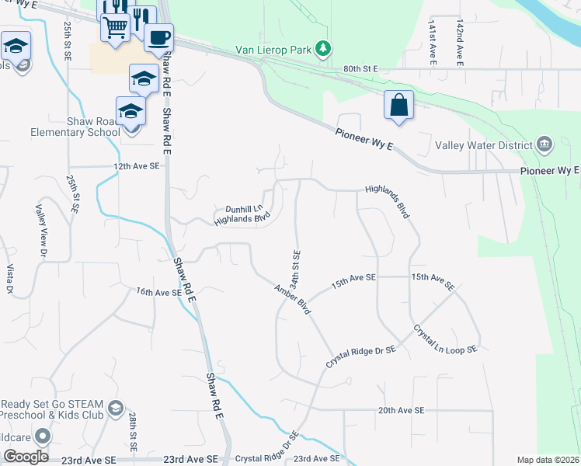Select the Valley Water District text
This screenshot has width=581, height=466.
(483, 144)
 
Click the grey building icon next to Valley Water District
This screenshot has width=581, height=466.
(544, 144)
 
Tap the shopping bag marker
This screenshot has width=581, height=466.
(398, 105)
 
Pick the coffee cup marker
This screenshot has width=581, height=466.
(158, 37)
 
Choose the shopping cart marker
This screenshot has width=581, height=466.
(115, 28)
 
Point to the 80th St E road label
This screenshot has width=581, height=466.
(360, 69)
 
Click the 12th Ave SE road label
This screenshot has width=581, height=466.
(136, 166)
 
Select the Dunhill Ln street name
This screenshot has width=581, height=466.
(243, 209)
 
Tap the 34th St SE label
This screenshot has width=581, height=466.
(296, 266)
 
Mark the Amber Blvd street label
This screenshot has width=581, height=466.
(292, 299)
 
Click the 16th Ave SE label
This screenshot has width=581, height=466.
(158, 292)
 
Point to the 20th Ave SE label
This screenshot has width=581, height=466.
(401, 410)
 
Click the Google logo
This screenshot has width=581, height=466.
(26, 457)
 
